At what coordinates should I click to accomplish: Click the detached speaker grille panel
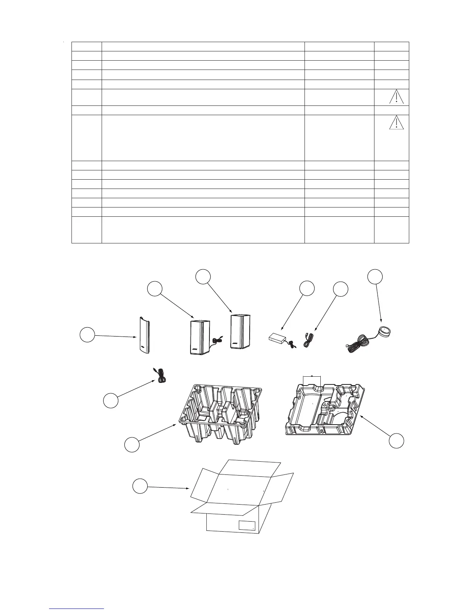[x=142, y=335]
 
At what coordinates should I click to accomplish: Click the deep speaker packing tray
[x=219, y=413]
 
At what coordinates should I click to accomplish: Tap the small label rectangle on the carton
[x=247, y=525]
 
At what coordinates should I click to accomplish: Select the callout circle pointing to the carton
[x=140, y=486]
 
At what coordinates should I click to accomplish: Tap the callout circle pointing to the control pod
[x=374, y=277]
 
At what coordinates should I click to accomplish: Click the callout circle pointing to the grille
[x=87, y=335]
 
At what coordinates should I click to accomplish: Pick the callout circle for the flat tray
[x=396, y=441]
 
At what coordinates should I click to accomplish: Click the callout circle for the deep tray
[x=132, y=445]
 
